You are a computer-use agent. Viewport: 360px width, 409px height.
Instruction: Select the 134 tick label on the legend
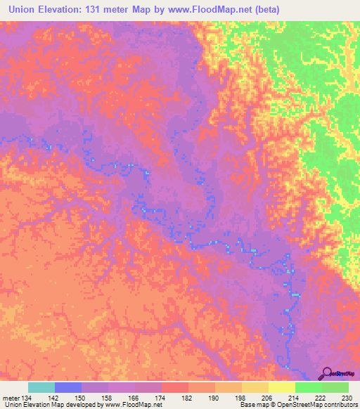27,398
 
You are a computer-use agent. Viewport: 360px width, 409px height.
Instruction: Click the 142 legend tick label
55,398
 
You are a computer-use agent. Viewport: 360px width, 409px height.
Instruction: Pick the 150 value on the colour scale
82,398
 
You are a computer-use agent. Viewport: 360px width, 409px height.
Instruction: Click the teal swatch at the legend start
41,387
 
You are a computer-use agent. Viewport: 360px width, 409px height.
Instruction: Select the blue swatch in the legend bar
68,387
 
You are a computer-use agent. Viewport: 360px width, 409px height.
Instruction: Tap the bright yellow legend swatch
282,387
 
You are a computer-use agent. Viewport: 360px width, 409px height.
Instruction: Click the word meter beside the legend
11,398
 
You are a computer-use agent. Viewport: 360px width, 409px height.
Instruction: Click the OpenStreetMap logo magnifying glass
328,373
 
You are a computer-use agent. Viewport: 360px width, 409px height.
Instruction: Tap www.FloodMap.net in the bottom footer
133,405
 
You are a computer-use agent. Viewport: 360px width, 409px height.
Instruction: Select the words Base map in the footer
254,405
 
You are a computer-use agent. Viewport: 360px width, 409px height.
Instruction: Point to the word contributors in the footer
339,405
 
